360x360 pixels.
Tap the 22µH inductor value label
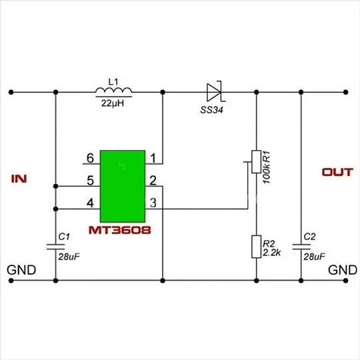(113, 103)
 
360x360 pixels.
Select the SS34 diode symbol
(215, 92)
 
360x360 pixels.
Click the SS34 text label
(211, 110)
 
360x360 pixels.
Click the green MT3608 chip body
(123, 186)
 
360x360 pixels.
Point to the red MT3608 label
(119, 230)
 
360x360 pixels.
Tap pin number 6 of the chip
(90, 158)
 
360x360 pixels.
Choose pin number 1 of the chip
(153, 158)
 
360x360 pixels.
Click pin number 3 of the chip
(153, 203)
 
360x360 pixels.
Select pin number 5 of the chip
(90, 181)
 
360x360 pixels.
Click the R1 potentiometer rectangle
(257, 161)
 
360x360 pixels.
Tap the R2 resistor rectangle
(257, 247)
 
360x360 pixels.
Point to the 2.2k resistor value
(271, 253)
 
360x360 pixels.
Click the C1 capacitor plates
(55, 247)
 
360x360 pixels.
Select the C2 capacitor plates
(301, 247)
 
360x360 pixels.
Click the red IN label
(19, 179)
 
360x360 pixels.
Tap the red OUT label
(337, 172)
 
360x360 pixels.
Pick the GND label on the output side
(343, 270)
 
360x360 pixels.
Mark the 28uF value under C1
(69, 257)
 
